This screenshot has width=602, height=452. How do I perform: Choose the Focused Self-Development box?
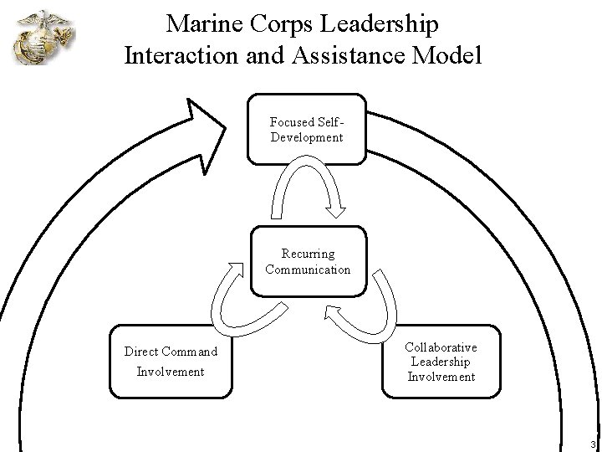(307, 129)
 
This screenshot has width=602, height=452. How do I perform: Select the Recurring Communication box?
(308, 260)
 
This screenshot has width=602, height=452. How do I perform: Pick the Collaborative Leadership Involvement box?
(441, 361)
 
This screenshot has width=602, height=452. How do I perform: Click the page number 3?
(592, 444)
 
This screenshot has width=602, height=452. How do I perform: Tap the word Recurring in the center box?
(308, 253)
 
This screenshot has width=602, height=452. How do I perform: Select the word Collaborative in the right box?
(441, 347)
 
